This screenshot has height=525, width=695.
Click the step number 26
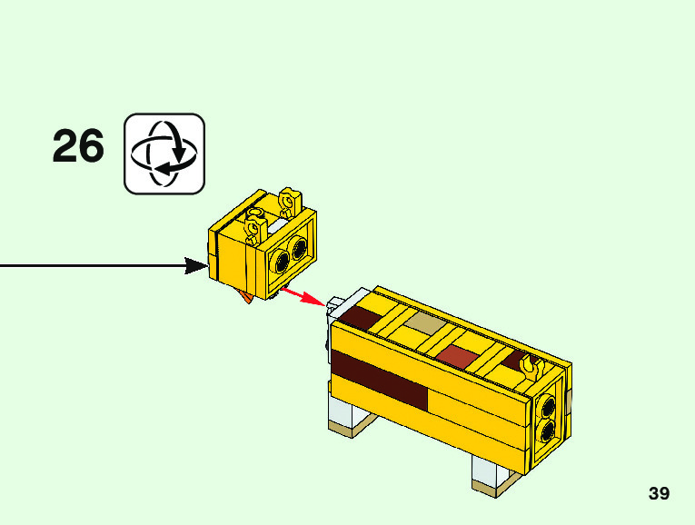click(78, 147)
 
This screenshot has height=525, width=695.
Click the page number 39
click(659, 493)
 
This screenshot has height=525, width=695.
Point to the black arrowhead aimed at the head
click(195, 265)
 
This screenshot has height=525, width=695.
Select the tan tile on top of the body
click(424, 323)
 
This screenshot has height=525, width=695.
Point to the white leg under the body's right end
click(487, 471)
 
